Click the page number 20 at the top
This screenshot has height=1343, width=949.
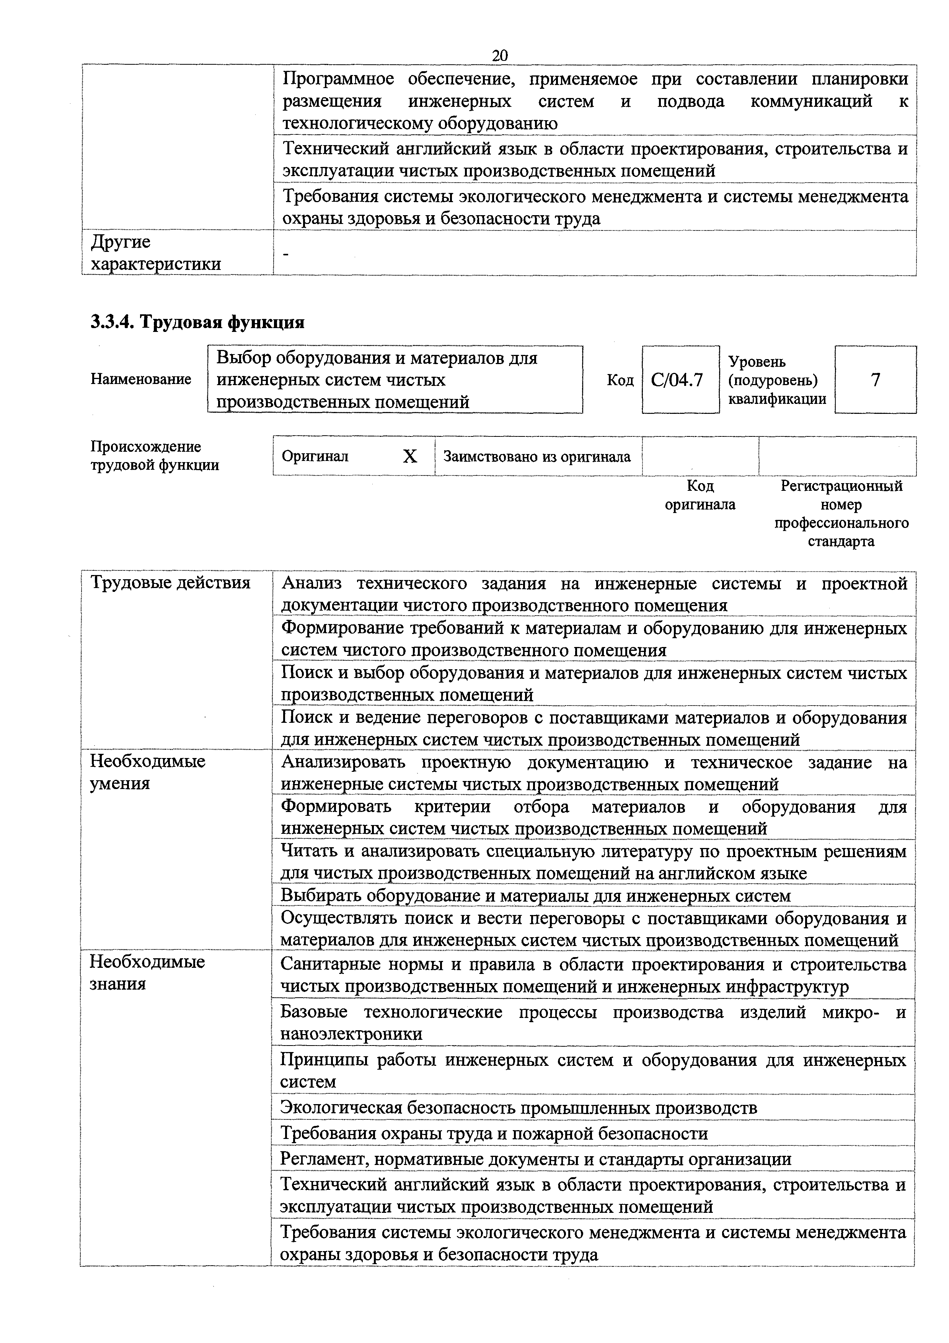[x=500, y=56]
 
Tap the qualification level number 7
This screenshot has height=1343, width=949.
[x=875, y=380]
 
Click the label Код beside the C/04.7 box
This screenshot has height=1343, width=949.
[x=620, y=380]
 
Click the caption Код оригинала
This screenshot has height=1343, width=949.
[x=700, y=495]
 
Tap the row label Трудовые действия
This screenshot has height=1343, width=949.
[x=170, y=583]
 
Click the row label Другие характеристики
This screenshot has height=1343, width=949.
[x=155, y=253]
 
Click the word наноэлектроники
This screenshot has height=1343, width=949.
[x=351, y=1034]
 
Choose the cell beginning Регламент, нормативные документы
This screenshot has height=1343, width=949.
[x=536, y=1159]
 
